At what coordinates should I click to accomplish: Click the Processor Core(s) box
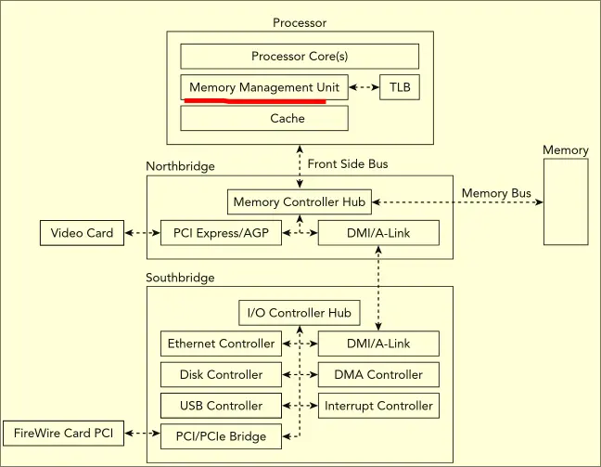[x=299, y=56]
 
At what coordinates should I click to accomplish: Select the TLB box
[x=399, y=88]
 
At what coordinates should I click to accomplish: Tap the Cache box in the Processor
[x=263, y=119]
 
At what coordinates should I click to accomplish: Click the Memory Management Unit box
[x=263, y=88]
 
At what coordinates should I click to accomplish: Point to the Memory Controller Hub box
[x=300, y=201]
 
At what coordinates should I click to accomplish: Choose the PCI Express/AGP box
[x=221, y=233]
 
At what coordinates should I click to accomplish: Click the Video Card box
[x=82, y=233]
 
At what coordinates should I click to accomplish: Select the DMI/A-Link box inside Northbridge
[x=377, y=233]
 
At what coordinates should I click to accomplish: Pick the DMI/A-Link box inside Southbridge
[x=377, y=344]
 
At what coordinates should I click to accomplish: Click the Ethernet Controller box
[x=221, y=344]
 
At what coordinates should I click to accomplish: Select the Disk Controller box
[x=221, y=375]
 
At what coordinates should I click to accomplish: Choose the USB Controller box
[x=221, y=406]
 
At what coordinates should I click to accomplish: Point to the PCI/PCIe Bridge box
[x=221, y=436]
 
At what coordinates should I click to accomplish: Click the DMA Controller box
[x=377, y=375]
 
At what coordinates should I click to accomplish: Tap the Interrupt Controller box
[x=377, y=406]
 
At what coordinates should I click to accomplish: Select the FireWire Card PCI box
[x=63, y=433]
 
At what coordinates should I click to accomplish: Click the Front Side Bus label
[x=348, y=164]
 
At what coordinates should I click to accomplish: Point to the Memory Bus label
[x=496, y=193]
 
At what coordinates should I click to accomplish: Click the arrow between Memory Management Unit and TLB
[x=364, y=88]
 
